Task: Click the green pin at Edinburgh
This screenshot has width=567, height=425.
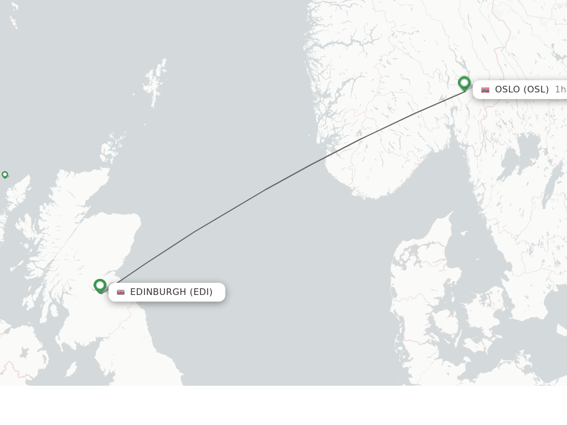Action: click(x=100, y=286)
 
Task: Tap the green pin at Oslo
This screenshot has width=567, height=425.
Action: click(x=465, y=84)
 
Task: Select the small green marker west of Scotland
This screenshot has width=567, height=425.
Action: click(x=5, y=175)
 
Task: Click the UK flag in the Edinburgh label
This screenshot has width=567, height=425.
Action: click(x=121, y=292)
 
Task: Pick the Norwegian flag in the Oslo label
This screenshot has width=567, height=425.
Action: click(x=486, y=90)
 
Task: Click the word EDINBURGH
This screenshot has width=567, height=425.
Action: click(x=158, y=292)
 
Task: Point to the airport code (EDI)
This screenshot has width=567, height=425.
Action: click(x=201, y=292)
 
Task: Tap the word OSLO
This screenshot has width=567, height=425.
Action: click(x=507, y=90)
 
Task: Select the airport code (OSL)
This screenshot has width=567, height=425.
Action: click(x=536, y=90)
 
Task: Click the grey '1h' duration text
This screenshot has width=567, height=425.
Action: click(x=560, y=90)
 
